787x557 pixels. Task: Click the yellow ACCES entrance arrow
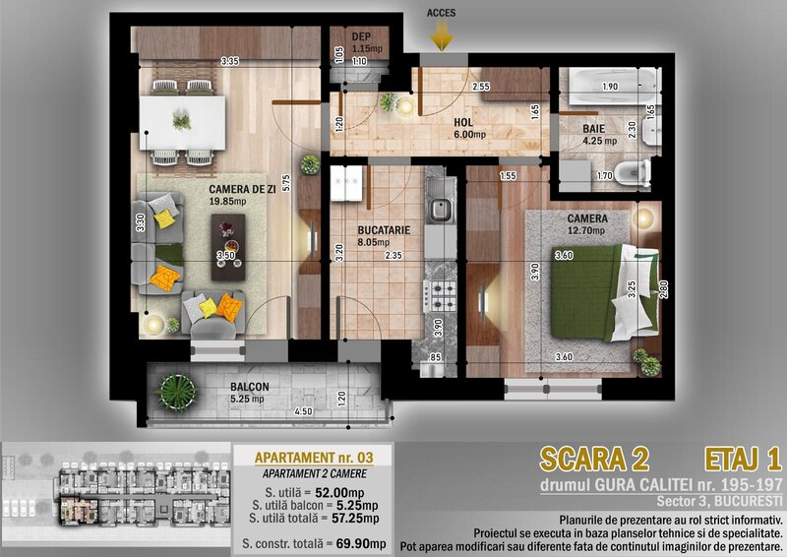[442, 36]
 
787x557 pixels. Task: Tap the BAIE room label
[593, 129]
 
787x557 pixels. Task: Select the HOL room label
[463, 123]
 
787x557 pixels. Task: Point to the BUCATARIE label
[384, 230]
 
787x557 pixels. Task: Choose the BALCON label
[250, 387]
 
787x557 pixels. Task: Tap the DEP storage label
[361, 36]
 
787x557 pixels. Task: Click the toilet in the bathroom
[633, 173]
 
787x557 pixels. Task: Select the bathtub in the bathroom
[612, 86]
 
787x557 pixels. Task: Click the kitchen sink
[440, 208]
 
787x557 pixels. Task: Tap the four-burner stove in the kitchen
[440, 296]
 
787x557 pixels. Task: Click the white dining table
[183, 123]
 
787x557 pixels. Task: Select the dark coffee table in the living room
[228, 247]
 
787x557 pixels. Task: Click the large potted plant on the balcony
[176, 391]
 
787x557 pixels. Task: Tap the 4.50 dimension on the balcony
[303, 411]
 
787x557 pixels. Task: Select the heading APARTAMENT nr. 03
[314, 458]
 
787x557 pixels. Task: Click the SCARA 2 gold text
[595, 459]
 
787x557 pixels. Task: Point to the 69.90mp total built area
[361, 543]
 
